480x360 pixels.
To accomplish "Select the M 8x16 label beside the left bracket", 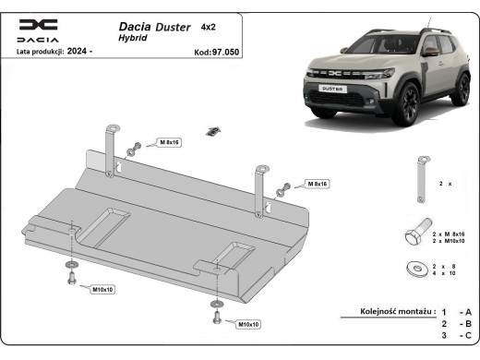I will pos(169,144).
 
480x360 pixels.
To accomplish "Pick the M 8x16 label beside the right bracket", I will pos(318,184).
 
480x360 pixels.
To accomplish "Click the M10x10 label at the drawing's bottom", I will pos(247,325).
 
